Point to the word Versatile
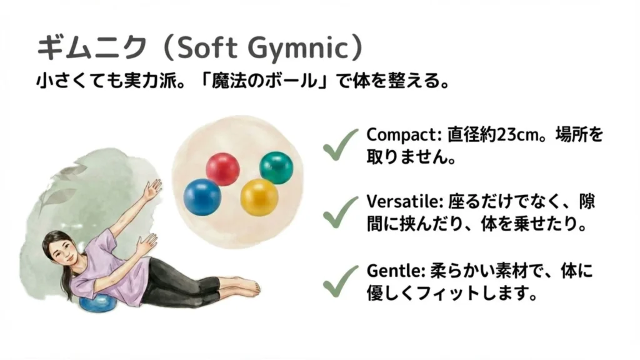click(x=399, y=203)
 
